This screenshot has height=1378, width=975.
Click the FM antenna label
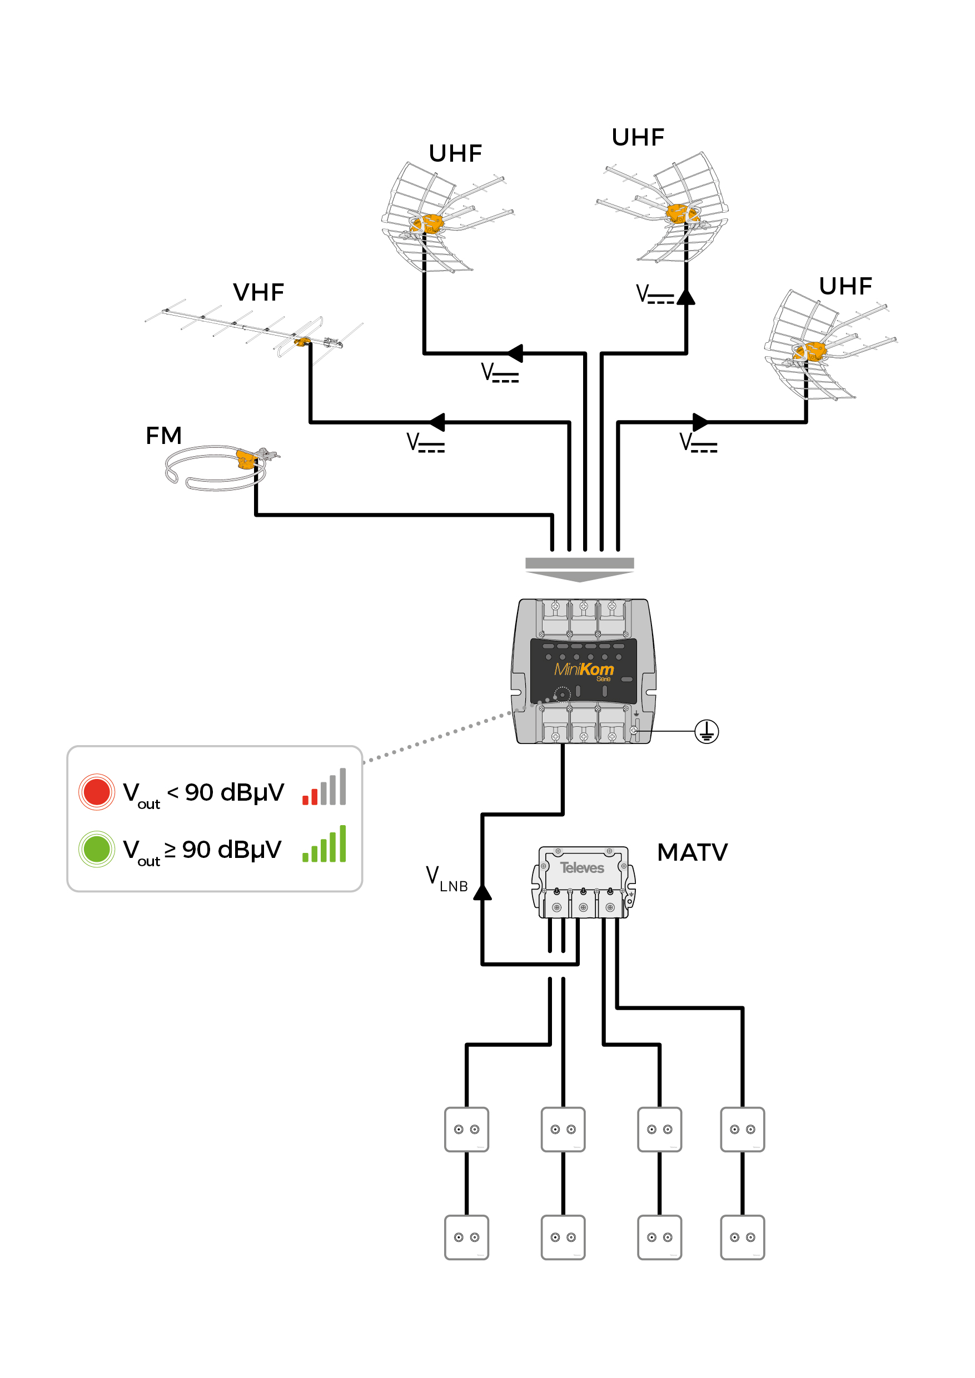(x=163, y=435)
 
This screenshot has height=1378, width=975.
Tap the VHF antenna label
(x=258, y=292)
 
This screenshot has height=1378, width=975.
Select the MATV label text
(x=692, y=852)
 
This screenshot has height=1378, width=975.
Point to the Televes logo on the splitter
(x=582, y=868)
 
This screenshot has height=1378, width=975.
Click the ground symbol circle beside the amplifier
(x=706, y=731)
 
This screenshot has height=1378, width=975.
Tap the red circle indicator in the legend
(x=97, y=792)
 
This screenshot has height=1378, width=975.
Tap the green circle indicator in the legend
(x=97, y=848)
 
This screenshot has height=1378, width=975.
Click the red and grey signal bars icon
(x=324, y=786)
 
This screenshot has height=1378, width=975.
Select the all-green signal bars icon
(x=324, y=843)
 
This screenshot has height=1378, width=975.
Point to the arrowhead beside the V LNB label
(x=482, y=892)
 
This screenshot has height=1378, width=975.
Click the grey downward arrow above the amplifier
(x=579, y=570)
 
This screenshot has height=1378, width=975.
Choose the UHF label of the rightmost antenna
(x=845, y=286)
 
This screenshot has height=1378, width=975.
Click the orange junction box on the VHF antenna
(x=301, y=342)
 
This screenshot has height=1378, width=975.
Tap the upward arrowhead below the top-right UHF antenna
(x=685, y=297)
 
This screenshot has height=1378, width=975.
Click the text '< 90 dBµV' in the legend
(x=225, y=793)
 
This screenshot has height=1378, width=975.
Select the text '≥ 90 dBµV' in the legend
(x=223, y=850)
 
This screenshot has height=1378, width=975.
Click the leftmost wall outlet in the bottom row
(x=466, y=1237)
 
